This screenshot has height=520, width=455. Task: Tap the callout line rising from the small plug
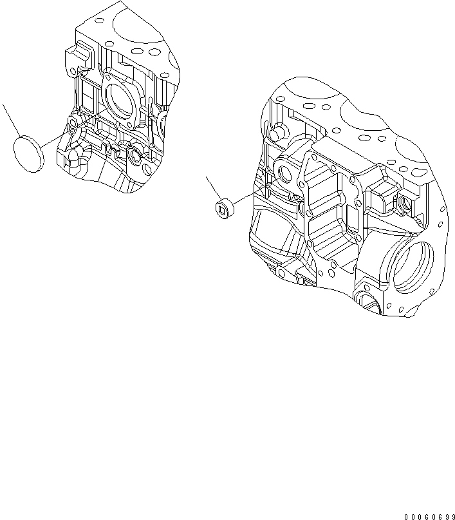[x=213, y=187]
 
